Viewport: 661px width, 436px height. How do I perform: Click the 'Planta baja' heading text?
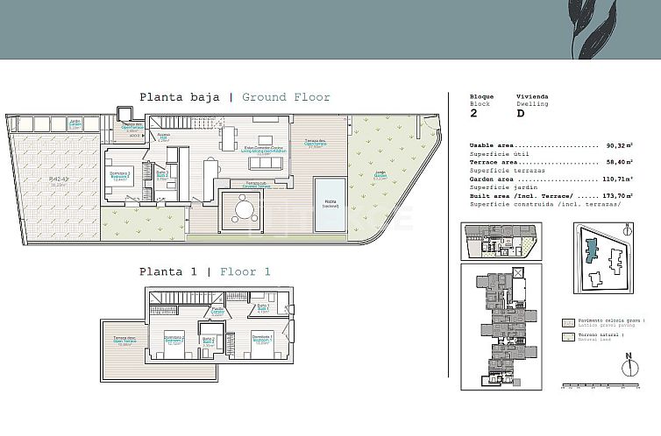tap(179, 97)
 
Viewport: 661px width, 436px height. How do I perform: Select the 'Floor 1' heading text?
tap(245, 271)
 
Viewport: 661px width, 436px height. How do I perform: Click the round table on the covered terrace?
tap(242, 209)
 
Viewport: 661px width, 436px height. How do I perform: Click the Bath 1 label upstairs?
tap(262, 308)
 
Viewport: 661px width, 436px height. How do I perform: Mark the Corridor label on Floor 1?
tap(217, 310)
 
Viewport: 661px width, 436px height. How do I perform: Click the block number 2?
tap(473, 113)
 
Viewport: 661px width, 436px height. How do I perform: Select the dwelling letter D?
tap(521, 113)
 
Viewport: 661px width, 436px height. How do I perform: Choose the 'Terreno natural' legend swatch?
tap(568, 336)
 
